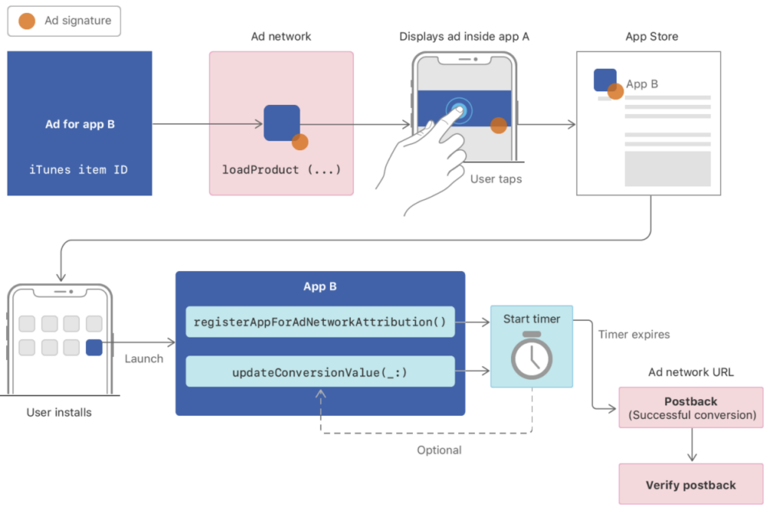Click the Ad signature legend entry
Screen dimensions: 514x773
pyautogui.click(x=63, y=21)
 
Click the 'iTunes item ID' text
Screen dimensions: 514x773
pyautogui.click(x=79, y=170)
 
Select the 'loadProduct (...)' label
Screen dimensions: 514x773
pyautogui.click(x=281, y=170)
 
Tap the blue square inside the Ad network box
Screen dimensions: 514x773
pyautogui.click(x=282, y=123)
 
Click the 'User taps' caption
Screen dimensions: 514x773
pyautogui.click(x=496, y=180)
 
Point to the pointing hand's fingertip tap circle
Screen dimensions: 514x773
pyautogui.click(x=457, y=110)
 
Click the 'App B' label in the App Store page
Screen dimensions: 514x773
pyautogui.click(x=642, y=84)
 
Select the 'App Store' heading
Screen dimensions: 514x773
pyautogui.click(x=651, y=37)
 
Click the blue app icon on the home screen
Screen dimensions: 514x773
pyautogui.click(x=94, y=348)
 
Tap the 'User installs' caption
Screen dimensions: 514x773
pyautogui.click(x=59, y=412)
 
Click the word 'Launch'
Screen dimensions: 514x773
pyautogui.click(x=143, y=359)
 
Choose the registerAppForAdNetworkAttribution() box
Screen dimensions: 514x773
pyautogui.click(x=320, y=322)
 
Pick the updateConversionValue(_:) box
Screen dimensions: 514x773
pyautogui.click(x=320, y=371)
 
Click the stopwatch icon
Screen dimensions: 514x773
pyautogui.click(x=531, y=356)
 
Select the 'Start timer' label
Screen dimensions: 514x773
pyautogui.click(x=531, y=319)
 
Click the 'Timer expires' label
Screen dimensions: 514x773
pyautogui.click(x=633, y=334)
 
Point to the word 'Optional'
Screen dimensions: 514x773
pyautogui.click(x=439, y=450)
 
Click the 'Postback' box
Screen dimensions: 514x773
pyautogui.click(x=691, y=408)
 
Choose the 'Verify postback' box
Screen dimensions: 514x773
pyautogui.click(x=691, y=485)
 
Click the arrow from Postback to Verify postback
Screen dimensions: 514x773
pyautogui.click(x=691, y=446)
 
